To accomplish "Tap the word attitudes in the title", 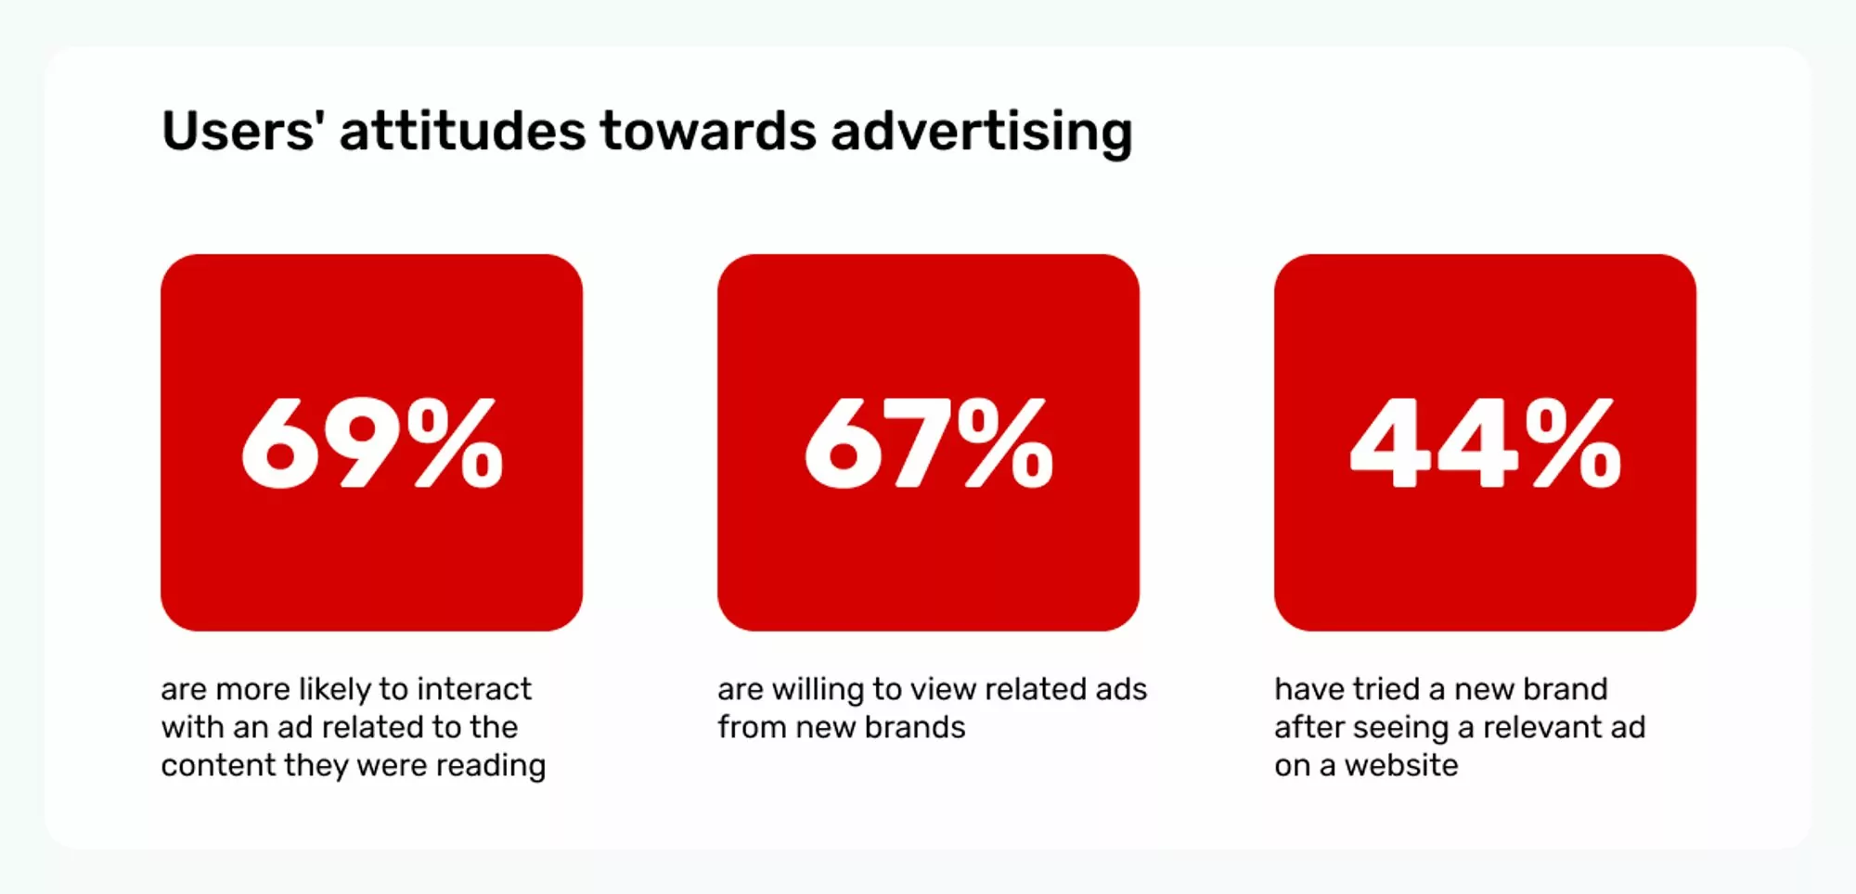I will tap(462, 131).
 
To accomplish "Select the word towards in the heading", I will tap(708, 131).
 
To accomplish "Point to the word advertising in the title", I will tap(981, 131).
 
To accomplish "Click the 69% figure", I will tap(372, 443).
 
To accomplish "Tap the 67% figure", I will tap(929, 443).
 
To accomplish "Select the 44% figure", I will tap(1485, 443).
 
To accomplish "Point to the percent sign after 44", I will tap(1574, 443).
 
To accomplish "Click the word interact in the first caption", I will tap(474, 689).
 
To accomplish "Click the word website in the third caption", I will tap(1401, 765).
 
